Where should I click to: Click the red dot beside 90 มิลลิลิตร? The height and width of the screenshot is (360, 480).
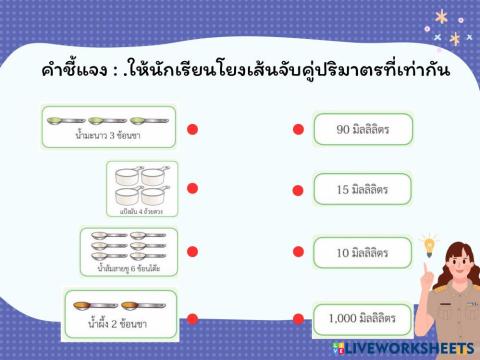[298, 129]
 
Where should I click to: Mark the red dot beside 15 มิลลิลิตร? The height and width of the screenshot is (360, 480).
[298, 189]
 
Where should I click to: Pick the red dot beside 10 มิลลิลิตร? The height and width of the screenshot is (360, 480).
[298, 252]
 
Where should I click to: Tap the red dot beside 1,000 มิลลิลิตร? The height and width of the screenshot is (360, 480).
[298, 320]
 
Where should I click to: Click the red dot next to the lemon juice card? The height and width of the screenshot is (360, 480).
[193, 128]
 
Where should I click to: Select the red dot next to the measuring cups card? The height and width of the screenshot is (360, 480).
[193, 188]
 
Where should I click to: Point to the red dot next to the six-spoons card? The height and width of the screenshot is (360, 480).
[193, 252]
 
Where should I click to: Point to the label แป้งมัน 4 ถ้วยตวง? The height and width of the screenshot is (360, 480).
[141, 211]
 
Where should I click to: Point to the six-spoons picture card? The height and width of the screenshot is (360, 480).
[128, 251]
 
